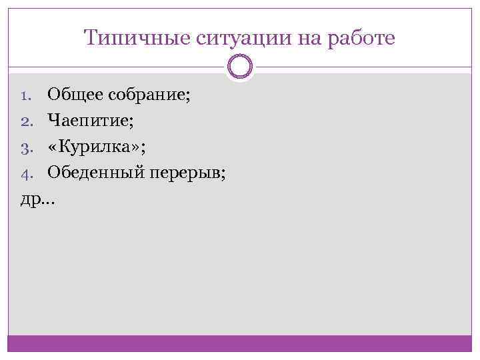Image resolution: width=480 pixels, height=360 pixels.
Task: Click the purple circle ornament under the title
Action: [239, 67]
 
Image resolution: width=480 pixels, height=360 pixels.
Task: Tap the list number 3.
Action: [26, 147]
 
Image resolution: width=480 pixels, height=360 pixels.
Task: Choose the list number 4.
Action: [26, 174]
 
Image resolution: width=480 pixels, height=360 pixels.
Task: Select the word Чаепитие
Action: [87, 121]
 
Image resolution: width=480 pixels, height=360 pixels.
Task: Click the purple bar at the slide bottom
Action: [239, 343]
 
